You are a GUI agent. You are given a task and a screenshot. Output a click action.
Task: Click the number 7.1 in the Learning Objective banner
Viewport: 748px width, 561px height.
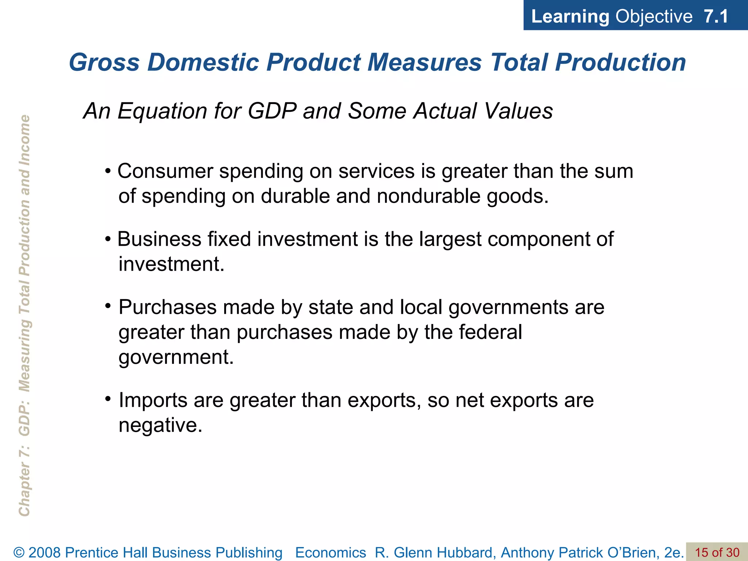tap(716, 16)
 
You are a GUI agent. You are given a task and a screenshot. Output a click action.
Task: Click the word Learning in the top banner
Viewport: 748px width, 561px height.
tap(570, 16)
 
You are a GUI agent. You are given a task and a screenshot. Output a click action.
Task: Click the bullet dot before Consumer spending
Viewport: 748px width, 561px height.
tap(108, 171)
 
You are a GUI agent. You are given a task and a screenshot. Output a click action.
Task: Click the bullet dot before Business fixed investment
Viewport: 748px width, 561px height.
tap(108, 240)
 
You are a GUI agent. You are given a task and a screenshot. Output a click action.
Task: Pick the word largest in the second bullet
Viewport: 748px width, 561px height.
tap(450, 240)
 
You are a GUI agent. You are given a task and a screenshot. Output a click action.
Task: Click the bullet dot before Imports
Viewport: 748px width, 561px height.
tap(108, 399)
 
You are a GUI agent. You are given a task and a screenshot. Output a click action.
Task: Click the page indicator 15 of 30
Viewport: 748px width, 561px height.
tap(717, 553)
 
